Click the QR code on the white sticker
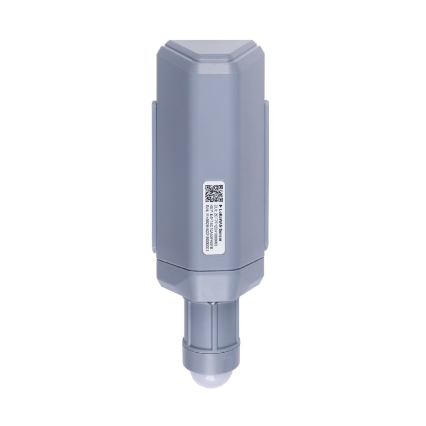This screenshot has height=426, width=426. coord(214,193)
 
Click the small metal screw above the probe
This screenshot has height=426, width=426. coord(212,303)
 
